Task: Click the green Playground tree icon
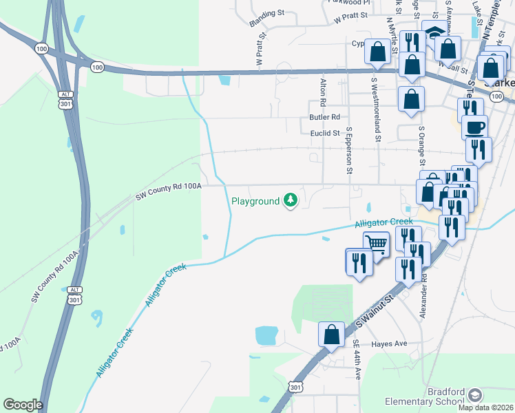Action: click(291, 200)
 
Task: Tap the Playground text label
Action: click(255, 201)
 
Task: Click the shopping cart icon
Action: click(376, 243)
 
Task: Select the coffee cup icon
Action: click(474, 127)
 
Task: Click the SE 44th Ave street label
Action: click(357, 359)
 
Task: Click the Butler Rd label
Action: click(325, 118)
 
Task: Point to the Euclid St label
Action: click(325, 133)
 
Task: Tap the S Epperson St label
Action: click(349, 149)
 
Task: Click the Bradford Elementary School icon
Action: click(474, 394)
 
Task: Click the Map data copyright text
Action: click(485, 407)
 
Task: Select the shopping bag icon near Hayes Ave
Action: click(332, 335)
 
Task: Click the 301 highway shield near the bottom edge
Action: click(295, 388)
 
